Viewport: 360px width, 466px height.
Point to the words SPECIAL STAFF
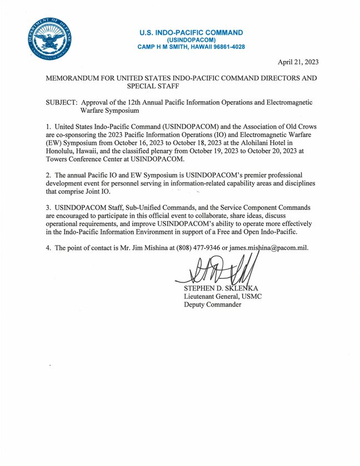153,87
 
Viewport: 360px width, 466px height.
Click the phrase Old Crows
297,128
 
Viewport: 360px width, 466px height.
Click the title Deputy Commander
212,304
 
